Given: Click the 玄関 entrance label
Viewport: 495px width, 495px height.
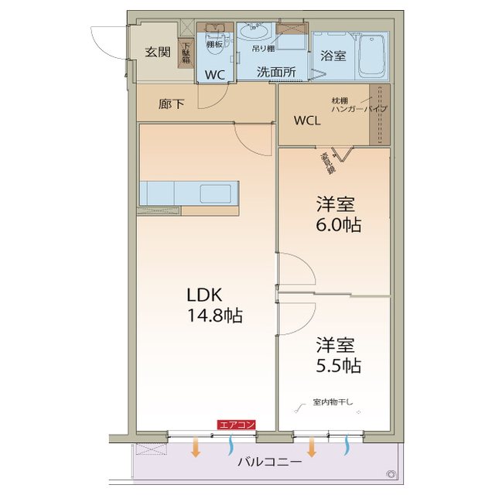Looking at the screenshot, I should click(x=158, y=52).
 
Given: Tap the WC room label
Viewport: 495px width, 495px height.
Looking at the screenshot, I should click(x=214, y=75).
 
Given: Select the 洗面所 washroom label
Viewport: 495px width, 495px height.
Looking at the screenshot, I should click(x=276, y=71).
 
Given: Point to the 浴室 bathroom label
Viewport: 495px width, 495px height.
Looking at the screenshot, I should click(x=333, y=56).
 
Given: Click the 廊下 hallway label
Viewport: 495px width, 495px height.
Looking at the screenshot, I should click(x=172, y=104).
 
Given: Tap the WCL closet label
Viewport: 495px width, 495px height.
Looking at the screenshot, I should click(x=307, y=121).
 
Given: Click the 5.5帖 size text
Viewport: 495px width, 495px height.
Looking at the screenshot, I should click(x=339, y=365).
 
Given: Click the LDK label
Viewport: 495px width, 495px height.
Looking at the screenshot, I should click(x=204, y=295).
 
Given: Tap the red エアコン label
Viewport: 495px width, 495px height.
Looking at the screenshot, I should click(x=236, y=424).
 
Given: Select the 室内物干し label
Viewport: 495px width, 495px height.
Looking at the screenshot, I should click(x=333, y=402).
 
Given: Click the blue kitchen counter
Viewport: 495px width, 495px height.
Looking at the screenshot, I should click(x=190, y=192).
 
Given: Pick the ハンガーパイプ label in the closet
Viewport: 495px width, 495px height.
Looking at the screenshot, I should click(x=359, y=110).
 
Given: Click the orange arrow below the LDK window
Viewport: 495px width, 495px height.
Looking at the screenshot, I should click(x=196, y=446).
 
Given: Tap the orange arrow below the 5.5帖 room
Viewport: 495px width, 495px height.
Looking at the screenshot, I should click(x=311, y=446).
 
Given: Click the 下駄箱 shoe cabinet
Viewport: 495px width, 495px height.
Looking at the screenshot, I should click(x=186, y=52).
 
